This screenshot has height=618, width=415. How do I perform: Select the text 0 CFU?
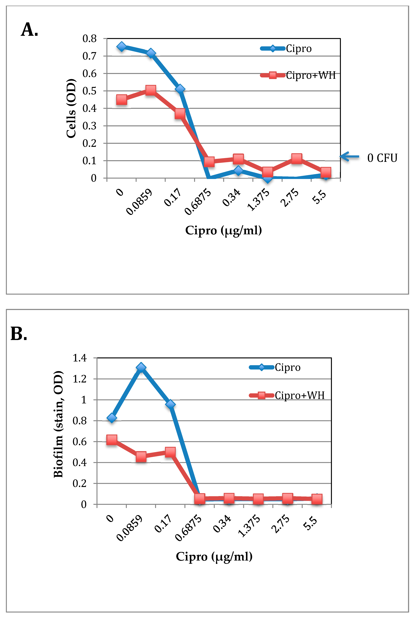coord(382,158)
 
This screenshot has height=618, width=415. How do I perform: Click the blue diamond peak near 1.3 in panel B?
coord(141,368)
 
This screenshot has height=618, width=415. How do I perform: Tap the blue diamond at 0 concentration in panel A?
coord(121,46)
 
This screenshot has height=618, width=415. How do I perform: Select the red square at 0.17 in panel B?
coord(170,452)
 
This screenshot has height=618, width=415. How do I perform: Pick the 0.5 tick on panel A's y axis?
coord(89,91)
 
